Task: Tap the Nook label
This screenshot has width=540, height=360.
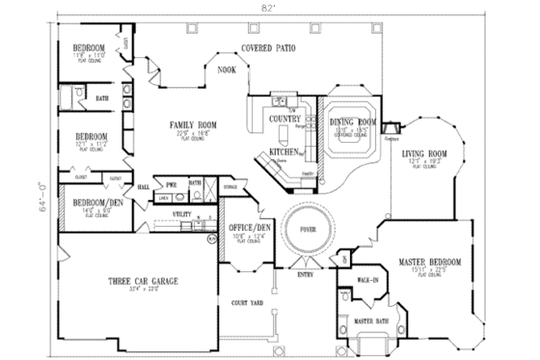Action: (x=228, y=69)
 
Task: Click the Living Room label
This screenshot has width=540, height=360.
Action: (x=423, y=153)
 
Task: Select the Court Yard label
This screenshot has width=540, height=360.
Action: (x=248, y=303)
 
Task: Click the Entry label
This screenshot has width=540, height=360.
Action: (x=306, y=275)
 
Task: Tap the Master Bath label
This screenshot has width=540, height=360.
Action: (x=371, y=320)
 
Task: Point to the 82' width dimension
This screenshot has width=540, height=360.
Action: (x=263, y=6)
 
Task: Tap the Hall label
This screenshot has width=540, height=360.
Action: (x=142, y=185)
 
